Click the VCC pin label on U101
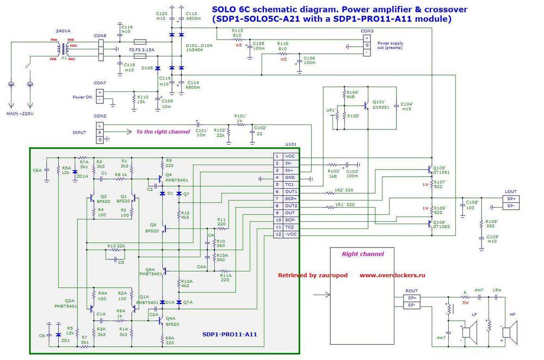point(289,156)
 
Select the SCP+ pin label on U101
point(290,198)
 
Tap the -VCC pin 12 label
point(290,234)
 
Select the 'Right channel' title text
point(362,254)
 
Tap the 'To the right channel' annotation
point(163,132)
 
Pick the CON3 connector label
point(367,31)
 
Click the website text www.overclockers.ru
point(392,275)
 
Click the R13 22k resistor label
point(116,246)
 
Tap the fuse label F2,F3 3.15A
point(141,49)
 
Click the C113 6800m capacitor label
point(194,16)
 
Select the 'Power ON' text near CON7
point(82,97)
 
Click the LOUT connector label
point(511,192)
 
